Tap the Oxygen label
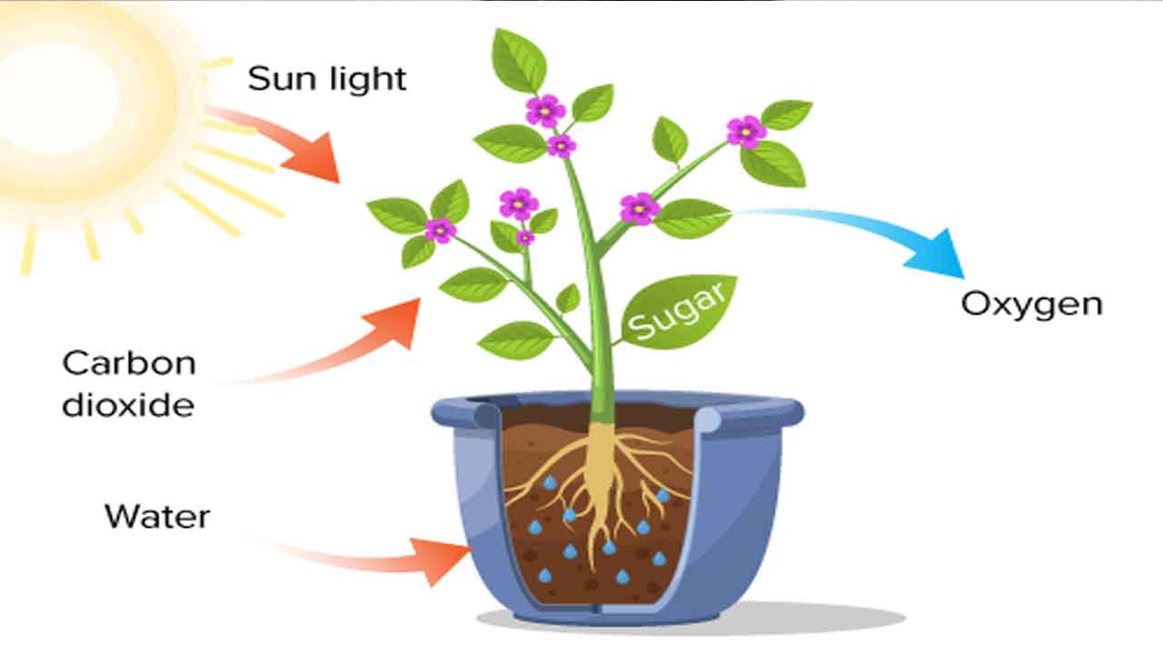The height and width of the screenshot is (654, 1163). (1031, 303)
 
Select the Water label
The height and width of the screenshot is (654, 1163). (157, 516)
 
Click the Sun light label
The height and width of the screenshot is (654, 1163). (327, 78)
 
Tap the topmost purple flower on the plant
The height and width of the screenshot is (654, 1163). (545, 110)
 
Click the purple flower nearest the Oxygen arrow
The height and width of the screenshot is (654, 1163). (640, 208)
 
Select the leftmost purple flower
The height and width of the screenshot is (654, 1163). (440, 230)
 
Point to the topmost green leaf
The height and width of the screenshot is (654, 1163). (519, 60)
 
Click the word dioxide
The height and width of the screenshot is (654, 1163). (128, 404)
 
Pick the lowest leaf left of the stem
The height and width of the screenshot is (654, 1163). (516, 340)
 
